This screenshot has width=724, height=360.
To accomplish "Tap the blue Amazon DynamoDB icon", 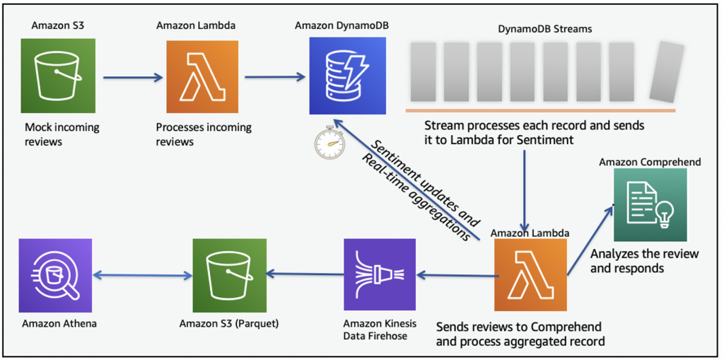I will click(347, 76).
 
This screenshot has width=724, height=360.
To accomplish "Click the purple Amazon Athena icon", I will click(55, 274).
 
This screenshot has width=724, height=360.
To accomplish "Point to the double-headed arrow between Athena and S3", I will click(142, 275).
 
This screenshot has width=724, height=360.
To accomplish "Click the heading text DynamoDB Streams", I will click(542, 29).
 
